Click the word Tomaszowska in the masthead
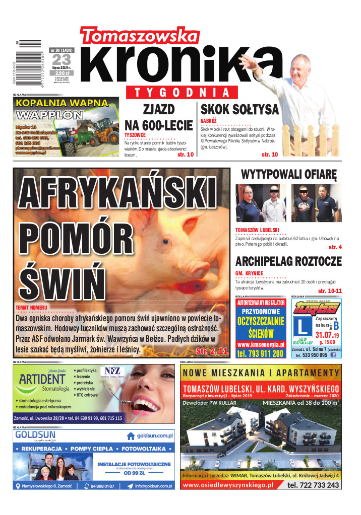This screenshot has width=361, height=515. [139, 36]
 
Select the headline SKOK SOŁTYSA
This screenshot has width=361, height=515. [239, 109]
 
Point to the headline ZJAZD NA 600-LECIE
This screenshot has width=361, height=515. [158, 117]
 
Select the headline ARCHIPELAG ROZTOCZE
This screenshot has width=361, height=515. [288, 261]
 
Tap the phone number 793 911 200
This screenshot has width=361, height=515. [261, 354]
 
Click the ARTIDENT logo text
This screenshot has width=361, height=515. [44, 379]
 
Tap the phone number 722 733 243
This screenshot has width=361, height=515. [313, 485]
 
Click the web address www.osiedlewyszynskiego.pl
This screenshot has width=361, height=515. [227, 485]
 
